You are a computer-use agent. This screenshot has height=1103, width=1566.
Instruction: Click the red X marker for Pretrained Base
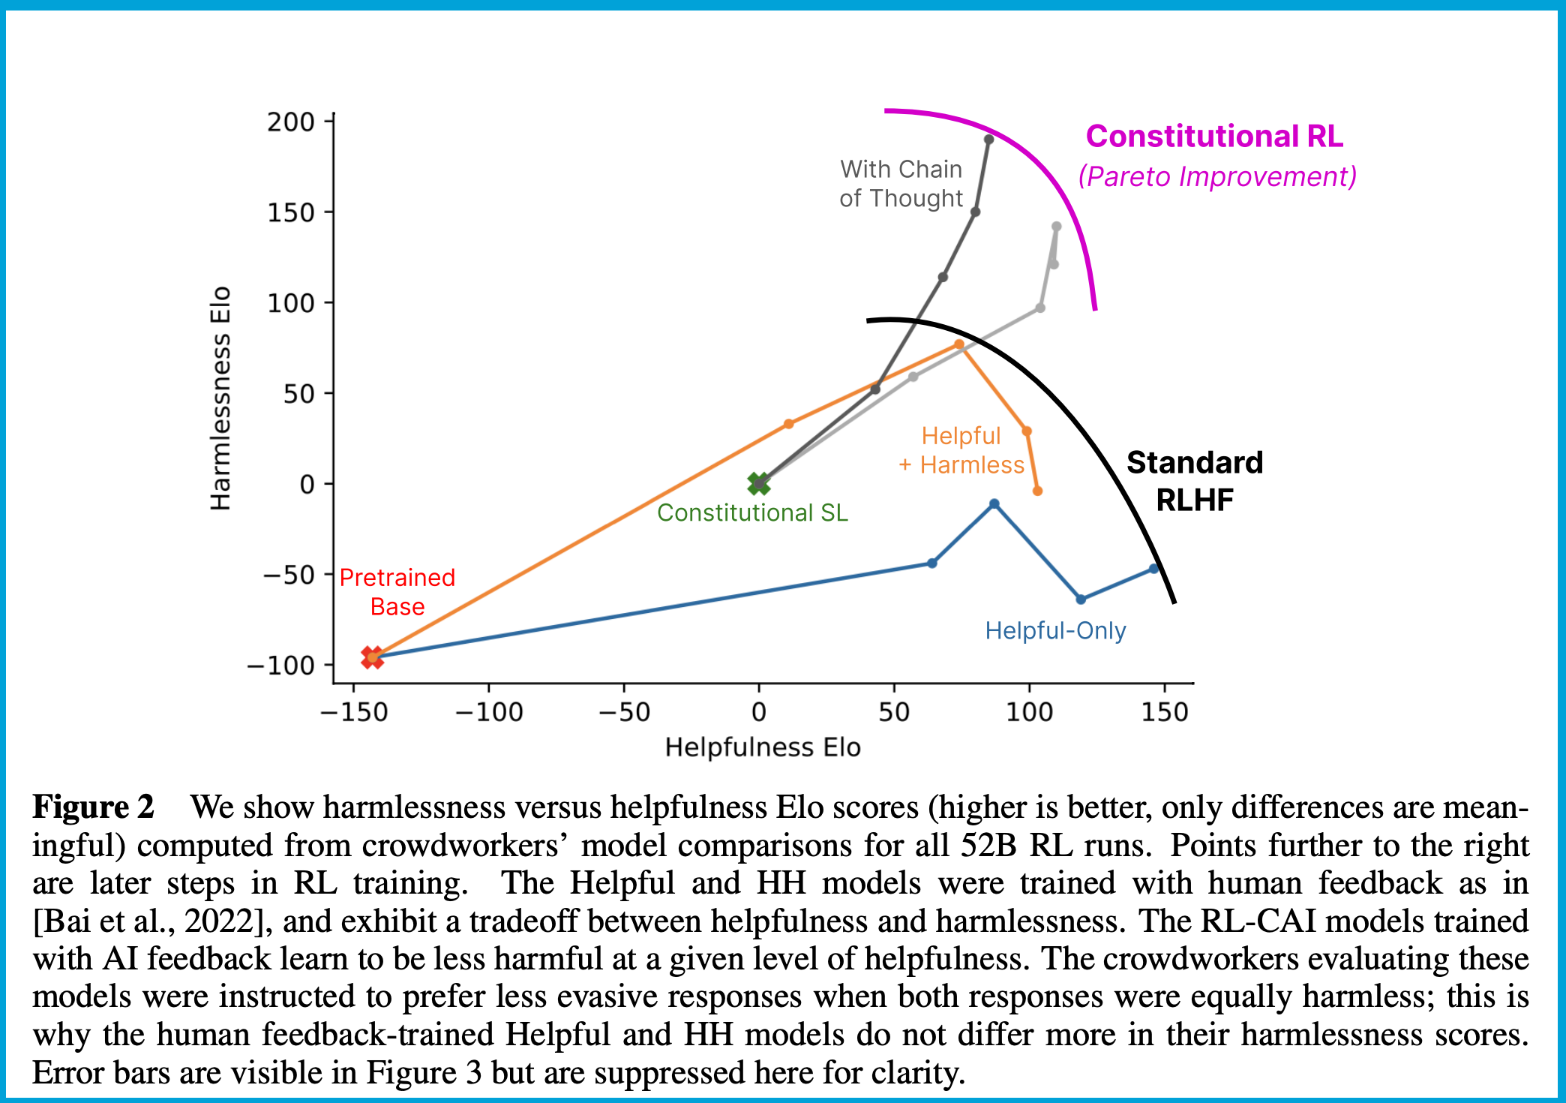[372, 657]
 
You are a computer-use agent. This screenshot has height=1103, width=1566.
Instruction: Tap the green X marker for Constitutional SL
[759, 484]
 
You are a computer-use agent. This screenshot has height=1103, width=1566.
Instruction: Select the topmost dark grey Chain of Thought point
[988, 140]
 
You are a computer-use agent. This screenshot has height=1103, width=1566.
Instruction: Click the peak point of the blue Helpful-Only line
[994, 504]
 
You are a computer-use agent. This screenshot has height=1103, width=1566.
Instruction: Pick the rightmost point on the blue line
[1153, 569]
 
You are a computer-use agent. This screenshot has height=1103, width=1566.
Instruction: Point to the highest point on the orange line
[958, 344]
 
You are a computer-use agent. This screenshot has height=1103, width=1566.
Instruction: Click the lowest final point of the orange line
[1037, 491]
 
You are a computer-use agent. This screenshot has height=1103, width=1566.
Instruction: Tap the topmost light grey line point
[1056, 227]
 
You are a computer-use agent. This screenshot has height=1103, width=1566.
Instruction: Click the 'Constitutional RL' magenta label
[1214, 137]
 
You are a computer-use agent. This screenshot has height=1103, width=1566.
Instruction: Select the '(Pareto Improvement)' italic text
[1217, 177]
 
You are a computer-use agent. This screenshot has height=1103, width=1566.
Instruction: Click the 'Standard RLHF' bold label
[1194, 481]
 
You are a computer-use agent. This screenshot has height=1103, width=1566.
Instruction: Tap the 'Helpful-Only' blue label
[1055, 631]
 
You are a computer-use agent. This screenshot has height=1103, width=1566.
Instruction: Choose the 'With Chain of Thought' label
[901, 184]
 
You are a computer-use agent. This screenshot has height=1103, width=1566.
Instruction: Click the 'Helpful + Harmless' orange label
[961, 450]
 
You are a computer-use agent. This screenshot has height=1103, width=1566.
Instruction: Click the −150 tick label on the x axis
[353, 711]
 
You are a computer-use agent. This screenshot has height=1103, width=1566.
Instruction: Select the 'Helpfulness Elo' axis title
[763, 747]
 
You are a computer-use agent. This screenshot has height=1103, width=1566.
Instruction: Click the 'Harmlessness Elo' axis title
[220, 398]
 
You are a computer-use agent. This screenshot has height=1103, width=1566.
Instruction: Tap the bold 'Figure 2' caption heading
[93, 807]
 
